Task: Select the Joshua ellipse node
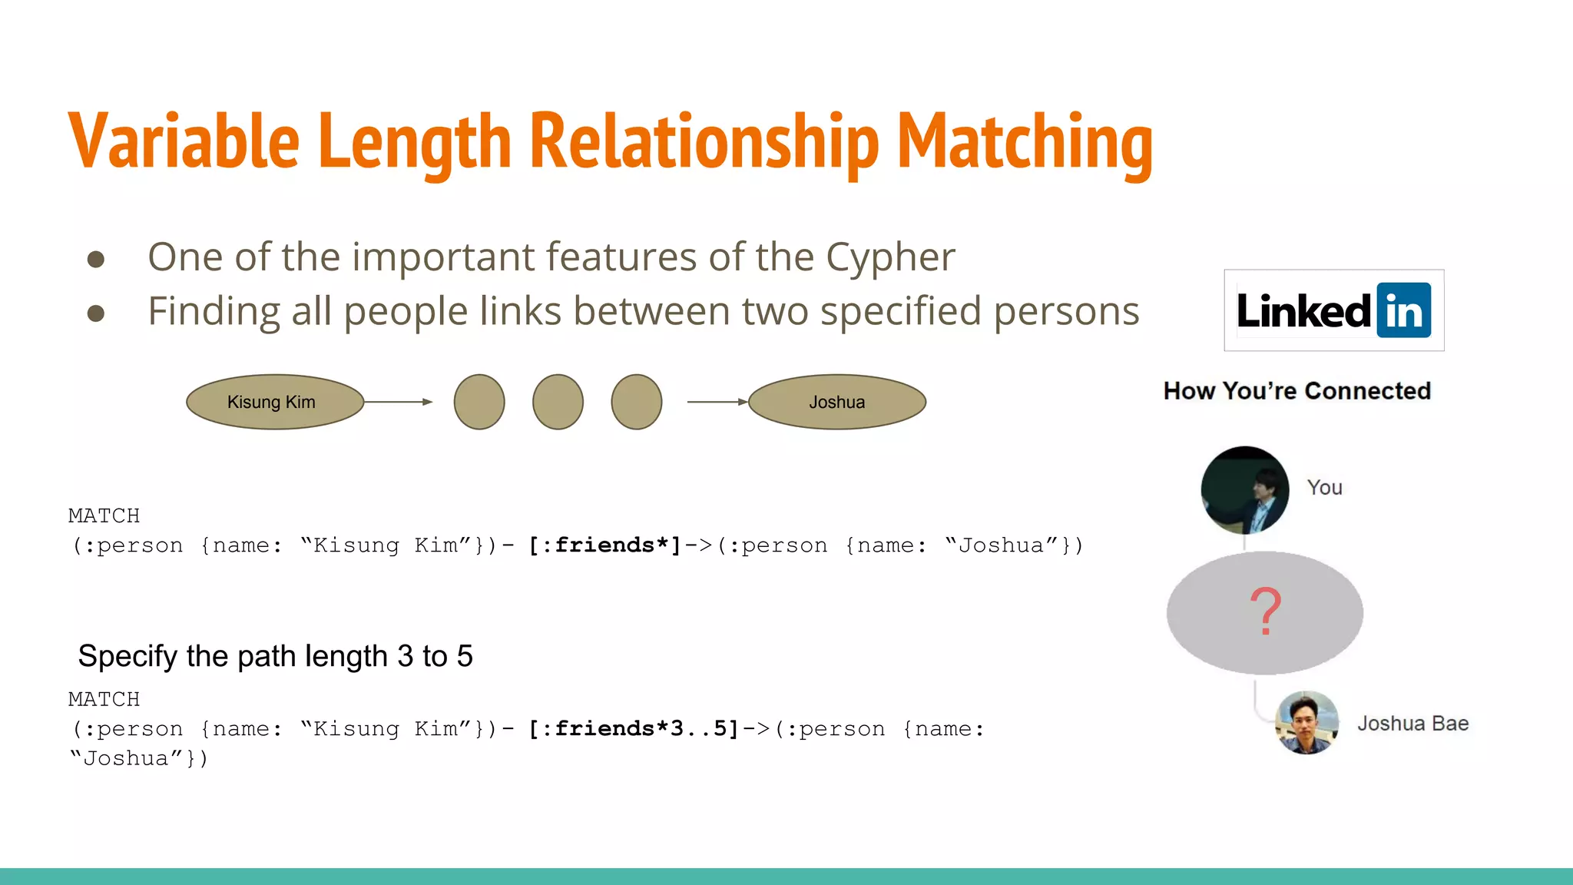(836, 402)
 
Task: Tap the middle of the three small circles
(558, 402)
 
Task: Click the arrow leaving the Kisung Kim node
(398, 402)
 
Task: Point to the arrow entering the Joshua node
(717, 402)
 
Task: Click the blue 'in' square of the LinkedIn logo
(1403, 310)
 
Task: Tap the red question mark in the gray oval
(1265, 612)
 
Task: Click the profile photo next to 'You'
(1244, 490)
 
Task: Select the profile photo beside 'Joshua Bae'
(1306, 723)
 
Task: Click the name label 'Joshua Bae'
(1412, 724)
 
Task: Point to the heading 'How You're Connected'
(1296, 391)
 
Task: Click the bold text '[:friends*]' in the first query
(604, 545)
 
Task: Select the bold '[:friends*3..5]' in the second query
(633, 728)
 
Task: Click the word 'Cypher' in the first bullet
(890, 257)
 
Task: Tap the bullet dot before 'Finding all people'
(96, 313)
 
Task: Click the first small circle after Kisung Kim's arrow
(479, 402)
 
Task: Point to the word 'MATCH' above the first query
(104, 515)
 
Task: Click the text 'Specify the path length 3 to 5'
(275, 656)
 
